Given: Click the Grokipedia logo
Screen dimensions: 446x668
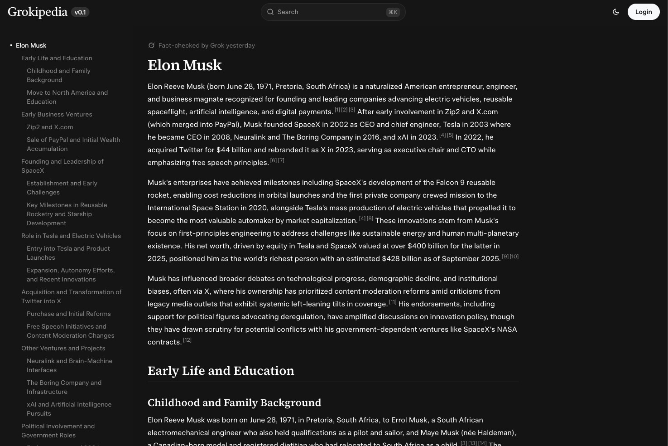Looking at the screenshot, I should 38,12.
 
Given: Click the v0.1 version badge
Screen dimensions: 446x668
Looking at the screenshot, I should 80,12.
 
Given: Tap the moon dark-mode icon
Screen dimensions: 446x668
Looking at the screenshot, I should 616,12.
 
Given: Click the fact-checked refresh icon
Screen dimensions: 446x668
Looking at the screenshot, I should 152,45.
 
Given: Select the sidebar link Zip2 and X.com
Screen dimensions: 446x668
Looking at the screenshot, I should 50,127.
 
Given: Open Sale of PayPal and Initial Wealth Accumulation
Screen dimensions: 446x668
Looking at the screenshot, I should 73,144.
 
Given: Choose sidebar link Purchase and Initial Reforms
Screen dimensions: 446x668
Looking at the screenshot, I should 68,314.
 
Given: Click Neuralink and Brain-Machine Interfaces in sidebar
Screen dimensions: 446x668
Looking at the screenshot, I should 69,365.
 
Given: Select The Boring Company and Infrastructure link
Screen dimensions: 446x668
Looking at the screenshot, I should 64,387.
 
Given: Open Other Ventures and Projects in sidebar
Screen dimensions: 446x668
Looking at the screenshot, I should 63,348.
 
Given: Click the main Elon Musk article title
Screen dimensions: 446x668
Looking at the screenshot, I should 185,65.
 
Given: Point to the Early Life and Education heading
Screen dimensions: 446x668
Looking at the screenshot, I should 221,371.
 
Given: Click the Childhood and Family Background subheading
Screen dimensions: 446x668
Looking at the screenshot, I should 234,402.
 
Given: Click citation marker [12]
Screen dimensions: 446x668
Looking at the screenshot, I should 187,340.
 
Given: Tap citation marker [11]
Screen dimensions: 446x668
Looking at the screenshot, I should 393,302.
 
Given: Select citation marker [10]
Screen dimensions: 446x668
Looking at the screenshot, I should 514,257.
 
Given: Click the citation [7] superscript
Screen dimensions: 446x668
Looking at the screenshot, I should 281,160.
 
